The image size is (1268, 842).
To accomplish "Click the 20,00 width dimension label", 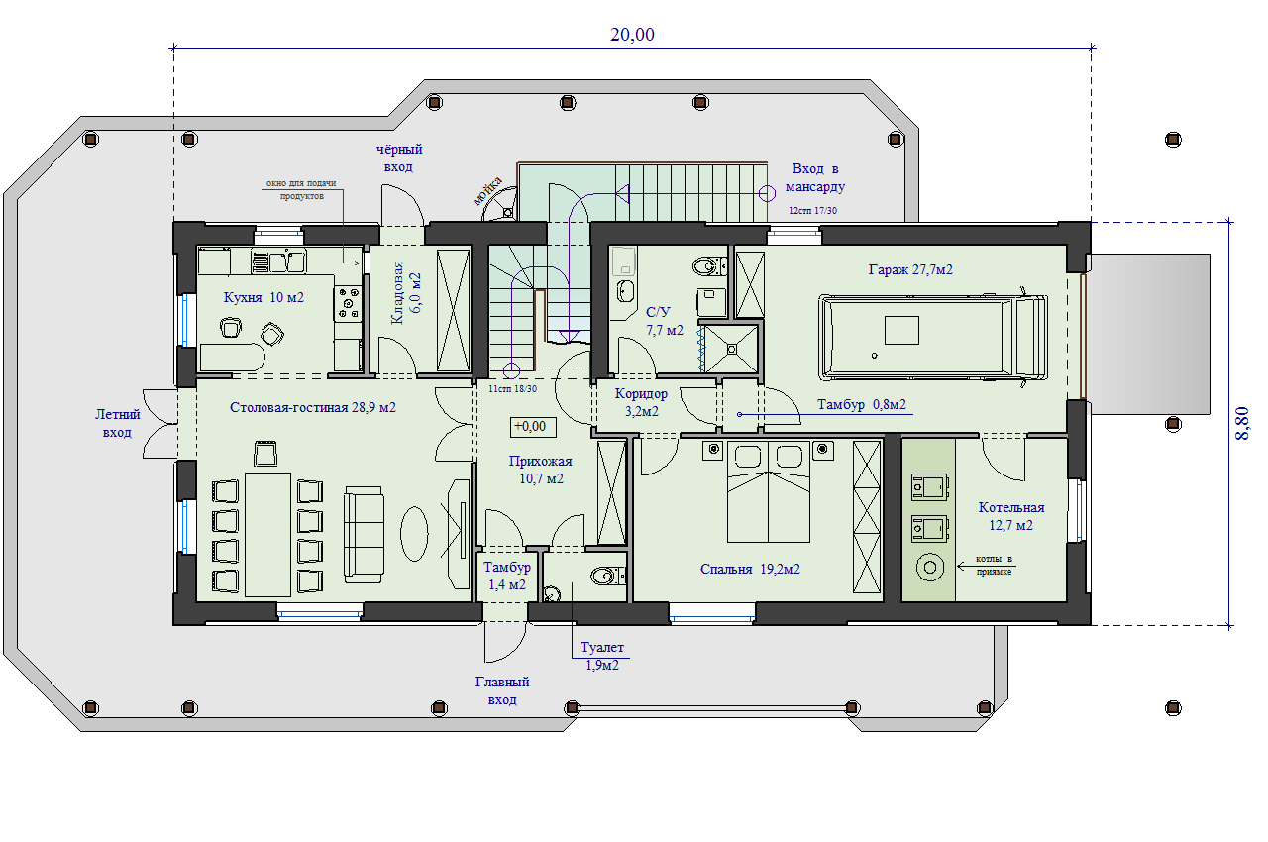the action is click(x=632, y=35).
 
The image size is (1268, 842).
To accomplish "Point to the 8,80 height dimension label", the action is click(x=1242, y=423).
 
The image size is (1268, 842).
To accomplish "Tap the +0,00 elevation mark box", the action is click(x=533, y=427).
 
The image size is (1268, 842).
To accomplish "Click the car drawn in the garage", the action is click(x=933, y=337).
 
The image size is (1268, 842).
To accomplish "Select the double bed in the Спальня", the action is click(x=768, y=491).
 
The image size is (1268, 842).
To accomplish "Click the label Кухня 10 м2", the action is click(x=264, y=297).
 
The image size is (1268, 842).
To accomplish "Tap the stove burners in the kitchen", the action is click(x=348, y=303).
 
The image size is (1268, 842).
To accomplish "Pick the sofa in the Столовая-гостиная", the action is click(x=364, y=535).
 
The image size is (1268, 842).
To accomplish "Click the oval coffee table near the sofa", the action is click(x=414, y=533).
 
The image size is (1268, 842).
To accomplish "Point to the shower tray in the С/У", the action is click(x=731, y=349).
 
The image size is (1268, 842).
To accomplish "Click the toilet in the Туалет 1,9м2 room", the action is click(x=607, y=577).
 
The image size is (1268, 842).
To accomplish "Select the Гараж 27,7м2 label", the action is click(x=910, y=269).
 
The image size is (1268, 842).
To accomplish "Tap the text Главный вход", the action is click(x=502, y=690).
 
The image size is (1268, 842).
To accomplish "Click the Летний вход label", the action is click(x=117, y=423).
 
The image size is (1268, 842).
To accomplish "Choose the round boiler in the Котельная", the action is click(x=930, y=567).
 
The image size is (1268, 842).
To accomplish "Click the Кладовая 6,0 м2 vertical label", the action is click(x=406, y=292).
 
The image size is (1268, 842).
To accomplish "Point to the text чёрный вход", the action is click(x=399, y=158).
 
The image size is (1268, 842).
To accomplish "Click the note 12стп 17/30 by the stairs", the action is click(x=812, y=210).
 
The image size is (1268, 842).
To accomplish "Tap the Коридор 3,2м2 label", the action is click(x=641, y=402).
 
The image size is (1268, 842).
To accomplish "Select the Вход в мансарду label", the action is click(x=814, y=177).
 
